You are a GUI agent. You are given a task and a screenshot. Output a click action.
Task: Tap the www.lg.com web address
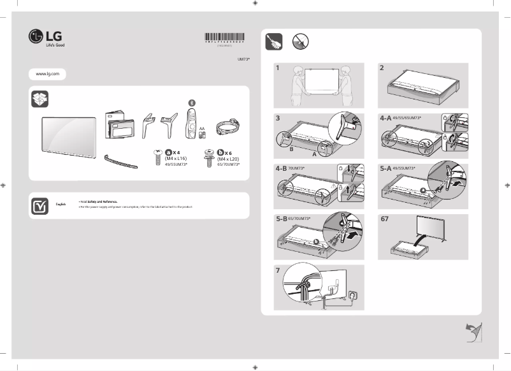pyautogui.click(x=48, y=74)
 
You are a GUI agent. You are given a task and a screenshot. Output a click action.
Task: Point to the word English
pyautogui.click(x=61, y=203)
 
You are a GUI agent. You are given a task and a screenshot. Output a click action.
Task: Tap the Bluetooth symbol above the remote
pyautogui.click(x=192, y=103)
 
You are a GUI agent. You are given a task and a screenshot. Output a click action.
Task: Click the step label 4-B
pyautogui.click(x=281, y=170)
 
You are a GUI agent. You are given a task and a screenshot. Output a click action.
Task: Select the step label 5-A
pyautogui.click(x=385, y=170)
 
